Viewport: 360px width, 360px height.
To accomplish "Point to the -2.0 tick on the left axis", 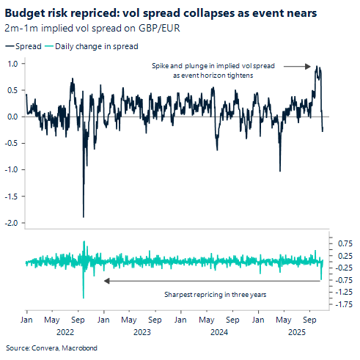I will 12,222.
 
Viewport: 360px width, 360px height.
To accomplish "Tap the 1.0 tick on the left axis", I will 13,63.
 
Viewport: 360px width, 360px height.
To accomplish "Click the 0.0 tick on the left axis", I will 13,117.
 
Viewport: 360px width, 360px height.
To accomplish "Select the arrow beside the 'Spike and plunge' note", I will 298,67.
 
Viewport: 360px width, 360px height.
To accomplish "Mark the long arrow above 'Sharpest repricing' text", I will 213,280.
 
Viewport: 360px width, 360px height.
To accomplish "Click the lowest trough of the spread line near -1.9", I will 83,216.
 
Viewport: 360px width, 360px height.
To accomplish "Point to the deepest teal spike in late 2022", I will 83,297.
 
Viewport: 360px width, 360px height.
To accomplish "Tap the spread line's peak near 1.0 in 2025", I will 316,66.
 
